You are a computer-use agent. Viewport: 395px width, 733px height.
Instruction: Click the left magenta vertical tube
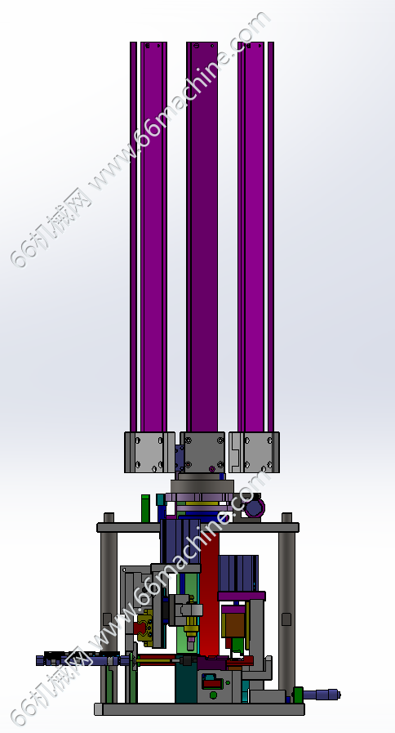click(x=149, y=236)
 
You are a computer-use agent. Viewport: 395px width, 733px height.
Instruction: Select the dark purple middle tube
click(x=202, y=236)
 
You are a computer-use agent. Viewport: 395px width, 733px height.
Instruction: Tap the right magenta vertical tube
click(x=255, y=236)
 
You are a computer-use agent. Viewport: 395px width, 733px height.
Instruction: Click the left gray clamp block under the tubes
click(x=149, y=452)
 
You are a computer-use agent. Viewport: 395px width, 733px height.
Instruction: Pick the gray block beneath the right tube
click(x=255, y=452)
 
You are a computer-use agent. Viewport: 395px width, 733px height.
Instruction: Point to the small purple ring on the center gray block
click(x=212, y=468)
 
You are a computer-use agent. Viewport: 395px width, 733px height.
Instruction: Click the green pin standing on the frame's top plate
click(x=145, y=508)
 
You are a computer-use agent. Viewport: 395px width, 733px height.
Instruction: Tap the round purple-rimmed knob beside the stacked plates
click(x=255, y=507)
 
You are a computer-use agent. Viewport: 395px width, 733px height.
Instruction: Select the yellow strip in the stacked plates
click(x=202, y=504)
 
